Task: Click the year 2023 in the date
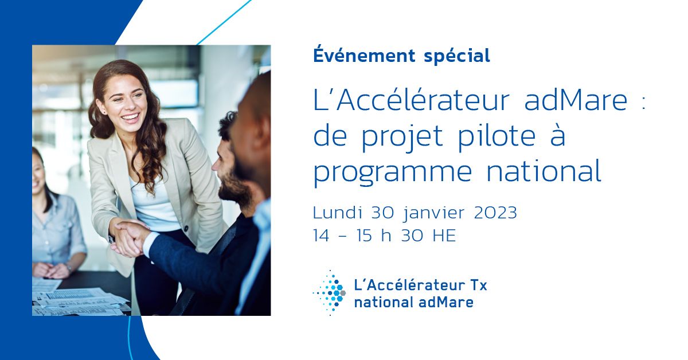point(496,213)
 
